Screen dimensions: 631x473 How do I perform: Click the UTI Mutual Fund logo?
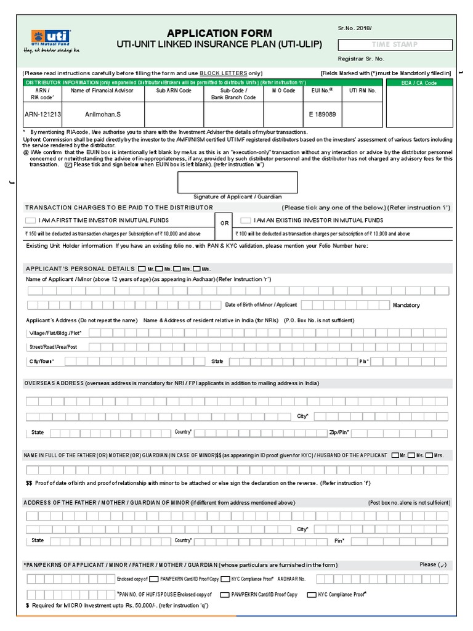(x=52, y=39)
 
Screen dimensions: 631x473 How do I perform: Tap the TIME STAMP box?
(x=394, y=44)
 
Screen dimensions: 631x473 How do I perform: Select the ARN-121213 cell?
(x=43, y=114)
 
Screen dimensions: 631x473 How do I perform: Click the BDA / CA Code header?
(x=419, y=83)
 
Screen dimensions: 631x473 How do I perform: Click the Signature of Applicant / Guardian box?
(x=238, y=182)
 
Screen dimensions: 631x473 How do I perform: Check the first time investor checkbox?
(x=30, y=221)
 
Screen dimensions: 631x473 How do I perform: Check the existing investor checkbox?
(x=246, y=221)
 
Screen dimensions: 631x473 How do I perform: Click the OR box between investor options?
(x=224, y=224)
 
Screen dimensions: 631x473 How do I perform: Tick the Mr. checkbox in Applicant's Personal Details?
(x=142, y=269)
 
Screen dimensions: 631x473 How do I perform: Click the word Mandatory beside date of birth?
(x=406, y=305)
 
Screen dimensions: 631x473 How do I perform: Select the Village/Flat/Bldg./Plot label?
(x=55, y=333)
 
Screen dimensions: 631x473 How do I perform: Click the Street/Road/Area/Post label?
(x=53, y=347)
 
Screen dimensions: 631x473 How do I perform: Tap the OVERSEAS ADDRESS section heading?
(x=54, y=383)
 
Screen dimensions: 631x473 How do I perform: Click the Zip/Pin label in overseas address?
(x=339, y=433)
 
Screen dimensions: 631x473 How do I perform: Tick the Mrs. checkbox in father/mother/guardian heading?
(x=429, y=455)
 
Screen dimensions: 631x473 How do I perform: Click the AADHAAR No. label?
(x=291, y=579)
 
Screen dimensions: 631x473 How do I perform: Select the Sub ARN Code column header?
(x=174, y=90)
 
